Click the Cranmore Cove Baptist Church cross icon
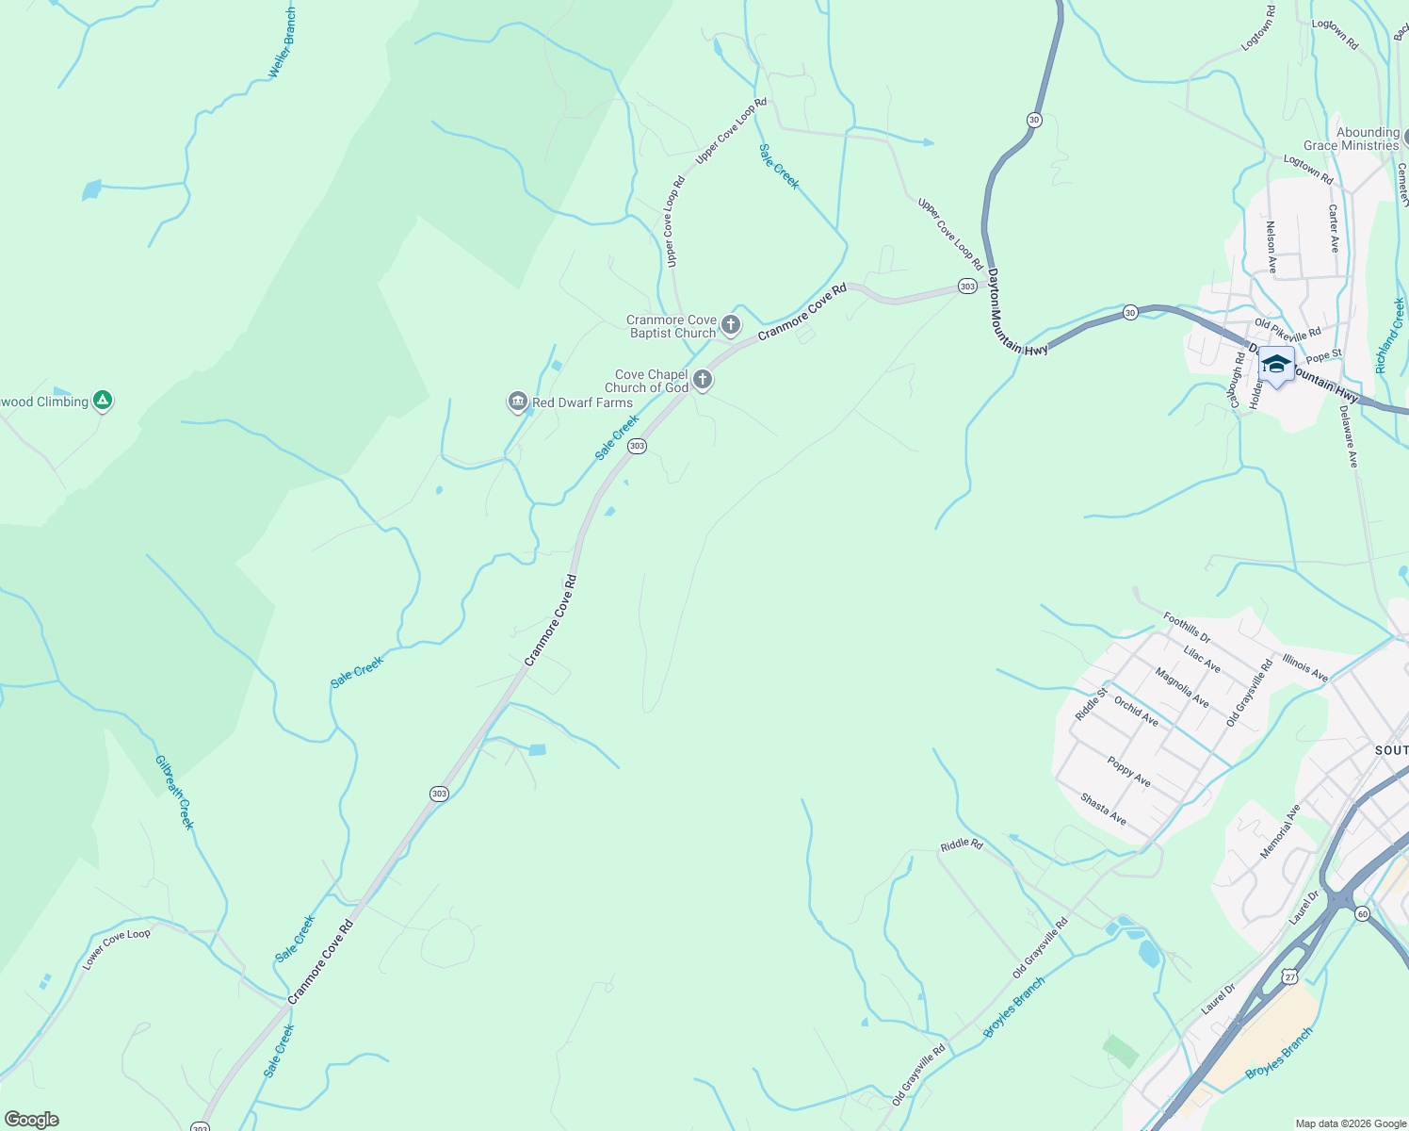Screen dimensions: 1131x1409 pyautogui.click(x=731, y=326)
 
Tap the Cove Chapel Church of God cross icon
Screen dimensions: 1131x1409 pyautogui.click(x=702, y=380)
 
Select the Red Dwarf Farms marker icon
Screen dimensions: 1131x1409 pyautogui.click(x=517, y=402)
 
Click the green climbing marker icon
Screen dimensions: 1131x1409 pyautogui.click(x=103, y=401)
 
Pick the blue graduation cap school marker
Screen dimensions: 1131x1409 pyautogui.click(x=1276, y=365)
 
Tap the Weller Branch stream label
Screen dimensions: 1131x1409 pyautogui.click(x=282, y=43)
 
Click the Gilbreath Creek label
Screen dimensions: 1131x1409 pyautogui.click(x=175, y=792)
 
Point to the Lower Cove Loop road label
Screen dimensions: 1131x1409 pyautogui.click(x=116, y=948)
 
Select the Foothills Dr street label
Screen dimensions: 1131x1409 pyautogui.click(x=1187, y=627)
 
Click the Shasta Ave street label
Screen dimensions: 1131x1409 pyautogui.click(x=1104, y=809)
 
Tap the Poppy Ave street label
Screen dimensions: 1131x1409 pyautogui.click(x=1129, y=772)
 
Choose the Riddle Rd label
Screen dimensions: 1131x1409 pyautogui.click(x=961, y=845)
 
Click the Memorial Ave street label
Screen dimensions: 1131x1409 pyautogui.click(x=1281, y=831)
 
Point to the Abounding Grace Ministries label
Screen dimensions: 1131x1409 pyautogui.click(x=1352, y=139)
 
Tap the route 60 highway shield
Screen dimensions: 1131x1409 pyautogui.click(x=1362, y=913)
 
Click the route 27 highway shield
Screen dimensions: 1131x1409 pyautogui.click(x=1289, y=977)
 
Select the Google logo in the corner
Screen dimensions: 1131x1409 pyautogui.click(x=32, y=1120)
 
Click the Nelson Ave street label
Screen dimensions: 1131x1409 pyautogui.click(x=1271, y=247)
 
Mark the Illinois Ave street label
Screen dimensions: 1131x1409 pyautogui.click(x=1305, y=666)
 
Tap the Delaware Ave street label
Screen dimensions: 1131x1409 pyautogui.click(x=1349, y=436)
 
